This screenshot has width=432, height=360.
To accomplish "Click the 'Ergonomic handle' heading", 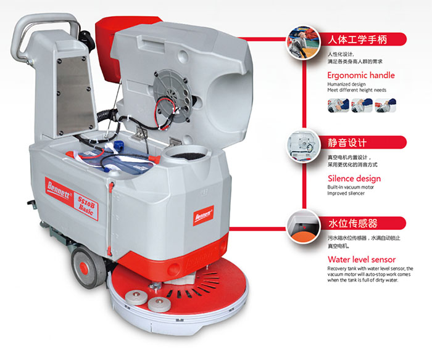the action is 361,75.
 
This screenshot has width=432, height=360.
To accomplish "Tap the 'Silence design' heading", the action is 354,178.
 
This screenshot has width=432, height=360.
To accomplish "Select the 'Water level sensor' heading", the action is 362,260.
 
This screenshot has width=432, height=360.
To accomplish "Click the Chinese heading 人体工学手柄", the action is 357,39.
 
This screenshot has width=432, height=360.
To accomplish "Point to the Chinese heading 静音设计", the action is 347,142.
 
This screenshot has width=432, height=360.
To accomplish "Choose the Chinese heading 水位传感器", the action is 352,223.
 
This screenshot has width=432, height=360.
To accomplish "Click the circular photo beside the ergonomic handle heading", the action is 303,42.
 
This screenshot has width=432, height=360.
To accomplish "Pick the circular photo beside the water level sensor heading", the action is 303,226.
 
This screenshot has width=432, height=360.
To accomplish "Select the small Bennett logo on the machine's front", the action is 203,216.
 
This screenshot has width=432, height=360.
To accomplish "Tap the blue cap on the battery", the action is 118,144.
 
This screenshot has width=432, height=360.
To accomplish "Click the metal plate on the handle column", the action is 75,95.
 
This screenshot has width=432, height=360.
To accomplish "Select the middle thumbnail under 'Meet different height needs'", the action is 362,105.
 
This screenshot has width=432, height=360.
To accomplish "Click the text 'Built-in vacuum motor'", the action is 351,187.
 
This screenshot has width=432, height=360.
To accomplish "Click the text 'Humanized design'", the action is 347,84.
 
